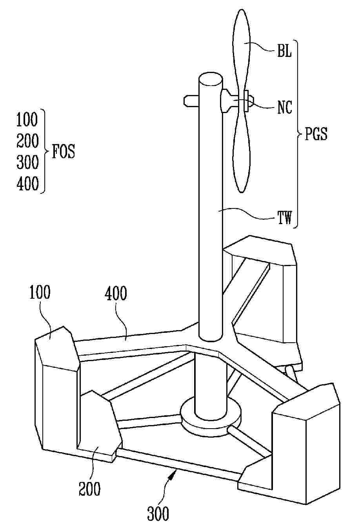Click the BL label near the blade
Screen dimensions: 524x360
284,52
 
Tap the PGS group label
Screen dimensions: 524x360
316,135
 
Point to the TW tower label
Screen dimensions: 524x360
285,218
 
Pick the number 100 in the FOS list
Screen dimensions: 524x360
27,120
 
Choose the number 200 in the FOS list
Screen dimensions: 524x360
27,141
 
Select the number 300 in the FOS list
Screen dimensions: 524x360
27,162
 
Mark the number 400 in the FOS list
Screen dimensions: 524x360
27,184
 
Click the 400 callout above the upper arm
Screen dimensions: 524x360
116,294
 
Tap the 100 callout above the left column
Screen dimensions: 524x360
40,293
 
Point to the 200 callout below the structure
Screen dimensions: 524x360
89,489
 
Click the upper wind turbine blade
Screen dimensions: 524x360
240,43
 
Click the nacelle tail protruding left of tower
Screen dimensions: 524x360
191,101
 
